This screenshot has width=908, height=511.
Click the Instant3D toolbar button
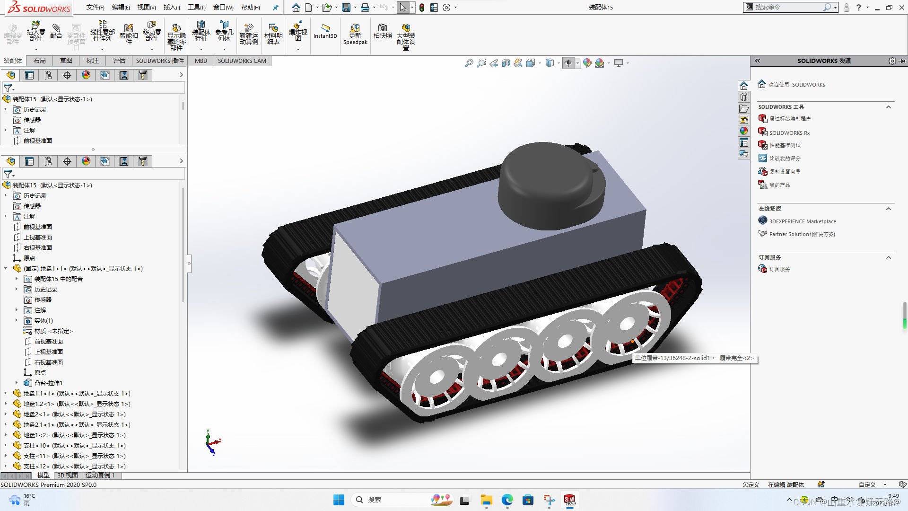[325, 31]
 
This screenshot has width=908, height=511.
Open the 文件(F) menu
[95, 7]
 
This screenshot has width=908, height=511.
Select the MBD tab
[201, 61]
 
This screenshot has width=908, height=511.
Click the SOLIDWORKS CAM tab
[242, 61]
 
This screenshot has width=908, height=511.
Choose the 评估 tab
[119, 61]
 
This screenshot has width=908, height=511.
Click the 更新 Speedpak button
[355, 35]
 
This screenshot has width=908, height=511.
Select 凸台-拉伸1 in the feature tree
[48, 383]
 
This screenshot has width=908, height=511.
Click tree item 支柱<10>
[74, 445]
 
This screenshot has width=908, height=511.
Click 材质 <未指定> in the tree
[53, 331]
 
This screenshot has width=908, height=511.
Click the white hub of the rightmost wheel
[627, 324]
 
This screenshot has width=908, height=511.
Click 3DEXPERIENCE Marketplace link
[802, 221]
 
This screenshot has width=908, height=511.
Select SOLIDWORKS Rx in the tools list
[789, 133]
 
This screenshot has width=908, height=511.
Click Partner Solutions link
[802, 234]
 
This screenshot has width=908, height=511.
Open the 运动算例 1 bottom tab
[100, 475]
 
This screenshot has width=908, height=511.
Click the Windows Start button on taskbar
[339, 500]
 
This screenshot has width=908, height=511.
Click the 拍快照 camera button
[383, 31]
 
